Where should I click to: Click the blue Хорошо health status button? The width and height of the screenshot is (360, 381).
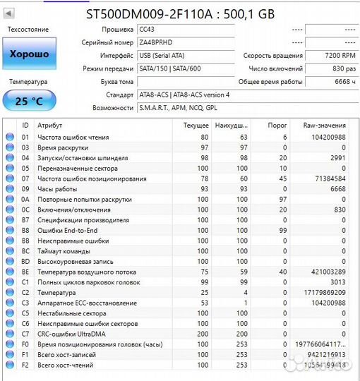pos(29,54)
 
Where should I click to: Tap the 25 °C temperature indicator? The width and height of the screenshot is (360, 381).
pos(29,101)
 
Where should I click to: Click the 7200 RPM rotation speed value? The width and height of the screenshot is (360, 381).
pos(340,56)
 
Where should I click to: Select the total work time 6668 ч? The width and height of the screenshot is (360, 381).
pos(342,82)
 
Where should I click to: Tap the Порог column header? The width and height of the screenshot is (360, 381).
pos(277,125)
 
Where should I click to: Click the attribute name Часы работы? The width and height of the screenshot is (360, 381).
pos(57,189)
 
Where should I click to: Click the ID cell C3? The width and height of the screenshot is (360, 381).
pos(25,303)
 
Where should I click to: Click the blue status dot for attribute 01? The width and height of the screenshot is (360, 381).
pos(10,137)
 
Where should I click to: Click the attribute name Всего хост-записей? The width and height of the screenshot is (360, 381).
pos(69,355)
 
